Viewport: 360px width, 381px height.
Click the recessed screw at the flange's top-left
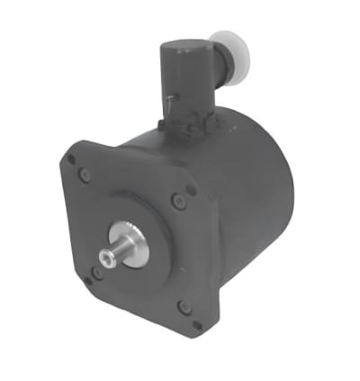(x=85, y=175)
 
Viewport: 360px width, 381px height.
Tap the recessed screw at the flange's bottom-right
(x=184, y=306)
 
